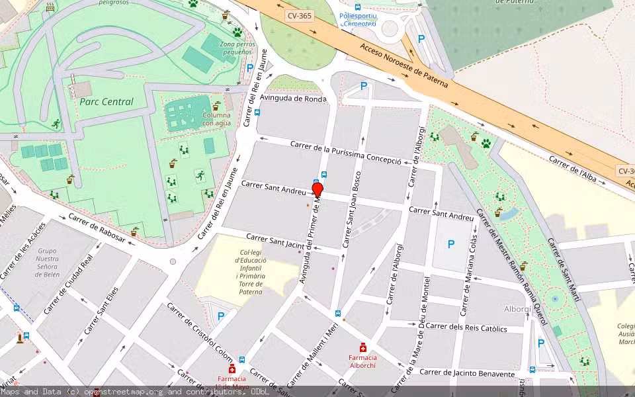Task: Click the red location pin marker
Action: [317, 191]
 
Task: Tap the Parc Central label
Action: [106, 102]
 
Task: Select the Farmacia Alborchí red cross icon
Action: [362, 347]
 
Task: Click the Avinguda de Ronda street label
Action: [293, 99]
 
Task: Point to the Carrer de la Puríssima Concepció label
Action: [345, 153]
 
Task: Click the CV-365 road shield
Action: [299, 15]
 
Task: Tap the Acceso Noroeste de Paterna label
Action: [404, 66]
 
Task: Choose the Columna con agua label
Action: [216, 119]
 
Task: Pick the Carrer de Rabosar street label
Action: [97, 228]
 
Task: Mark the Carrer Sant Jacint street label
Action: [274, 242]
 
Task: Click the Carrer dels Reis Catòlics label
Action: [466, 328]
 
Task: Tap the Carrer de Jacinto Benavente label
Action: [466, 373]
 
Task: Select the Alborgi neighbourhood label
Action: [518, 309]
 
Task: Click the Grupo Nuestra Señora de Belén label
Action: [47, 263]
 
